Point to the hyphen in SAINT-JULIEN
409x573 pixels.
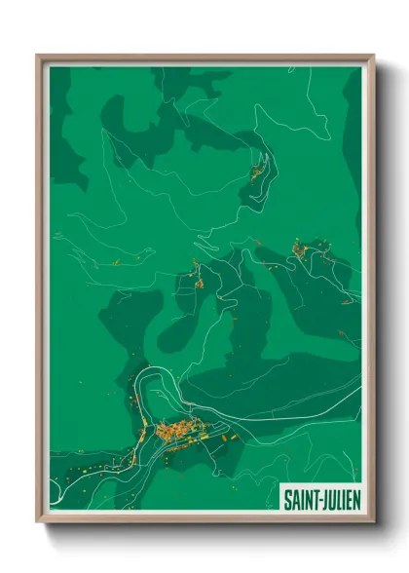pos(317,500)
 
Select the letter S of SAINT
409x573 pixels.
pos(287,499)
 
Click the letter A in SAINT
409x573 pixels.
pos(294,499)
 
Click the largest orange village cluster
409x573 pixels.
pos(177,429)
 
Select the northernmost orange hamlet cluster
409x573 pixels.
pos(259,172)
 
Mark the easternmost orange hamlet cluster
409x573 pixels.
pos(300,250)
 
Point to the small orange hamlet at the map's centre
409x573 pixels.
pos(198,283)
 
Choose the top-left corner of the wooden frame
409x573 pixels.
pos(38,56)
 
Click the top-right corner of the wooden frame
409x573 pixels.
pos(373,56)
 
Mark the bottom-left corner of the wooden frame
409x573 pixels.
pos(38,521)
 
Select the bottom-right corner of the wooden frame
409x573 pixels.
pos(373,521)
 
